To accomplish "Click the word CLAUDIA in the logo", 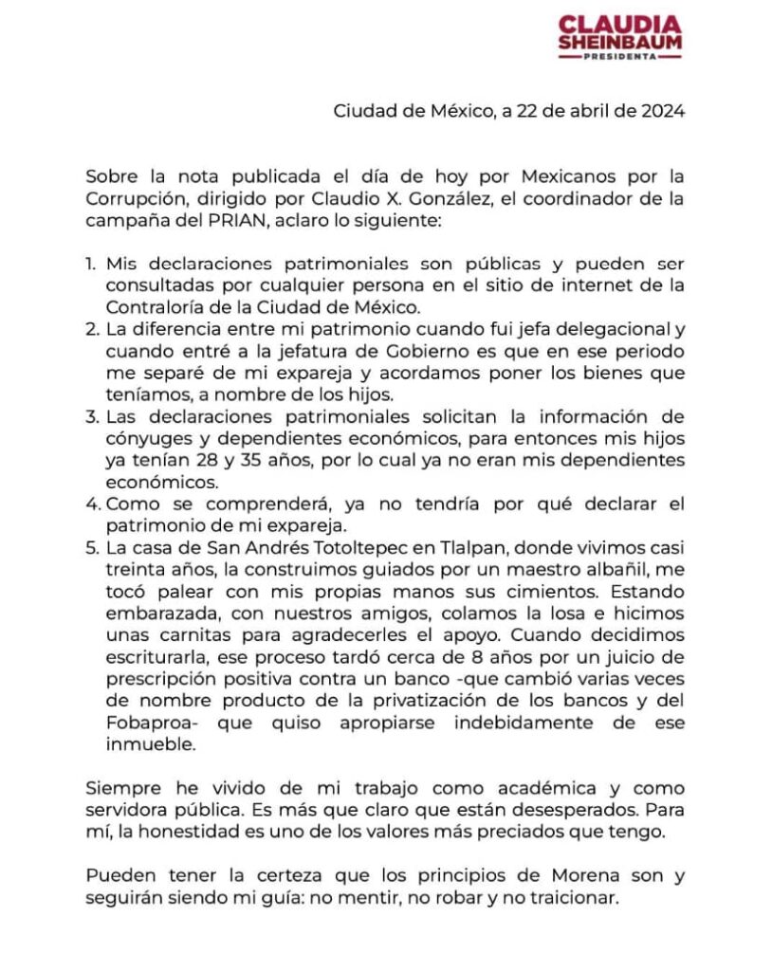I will [619, 24].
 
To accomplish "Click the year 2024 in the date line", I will [662, 111].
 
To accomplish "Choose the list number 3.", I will [91, 418].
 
